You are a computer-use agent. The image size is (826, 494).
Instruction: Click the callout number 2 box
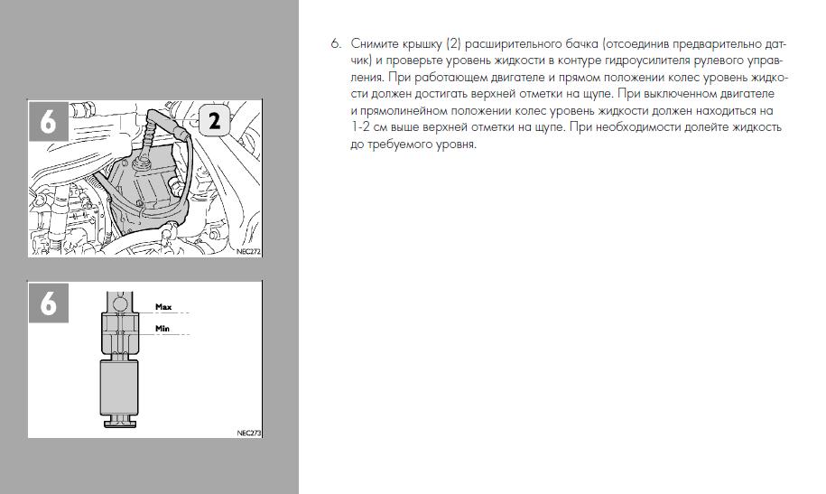(x=214, y=121)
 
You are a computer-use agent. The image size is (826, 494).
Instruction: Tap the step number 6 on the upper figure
(x=48, y=121)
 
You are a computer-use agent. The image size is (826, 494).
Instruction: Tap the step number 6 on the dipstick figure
(x=48, y=303)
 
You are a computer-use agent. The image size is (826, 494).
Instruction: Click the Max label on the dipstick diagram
(x=163, y=307)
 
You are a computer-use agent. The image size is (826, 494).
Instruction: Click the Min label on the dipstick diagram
(x=162, y=329)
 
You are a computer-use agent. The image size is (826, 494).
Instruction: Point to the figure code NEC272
(x=248, y=252)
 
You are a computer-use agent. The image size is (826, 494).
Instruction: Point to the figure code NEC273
(x=248, y=433)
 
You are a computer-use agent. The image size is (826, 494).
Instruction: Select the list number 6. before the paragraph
(x=336, y=43)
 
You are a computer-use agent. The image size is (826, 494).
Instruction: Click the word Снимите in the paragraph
(x=375, y=43)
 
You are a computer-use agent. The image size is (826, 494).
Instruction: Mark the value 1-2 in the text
(x=359, y=127)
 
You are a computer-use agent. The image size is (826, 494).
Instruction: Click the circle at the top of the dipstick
(x=119, y=303)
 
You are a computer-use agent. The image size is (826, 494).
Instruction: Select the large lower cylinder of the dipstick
(x=119, y=387)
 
